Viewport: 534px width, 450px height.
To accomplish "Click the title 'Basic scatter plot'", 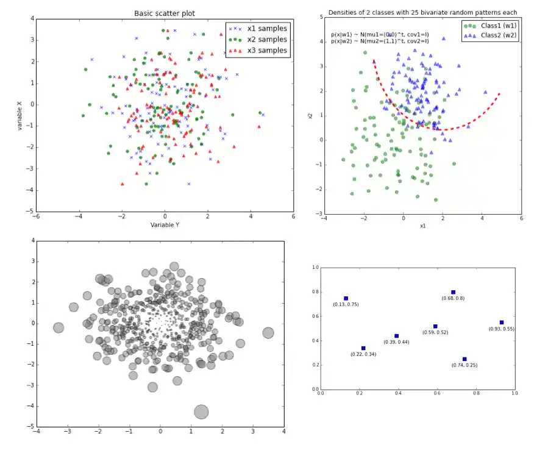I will point(165,13).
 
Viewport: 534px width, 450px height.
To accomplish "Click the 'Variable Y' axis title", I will point(165,225).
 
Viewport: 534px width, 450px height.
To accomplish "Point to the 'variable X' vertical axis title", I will point(20,114).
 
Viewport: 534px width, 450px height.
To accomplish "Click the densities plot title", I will point(422,12).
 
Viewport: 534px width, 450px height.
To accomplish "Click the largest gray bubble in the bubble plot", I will point(201,412).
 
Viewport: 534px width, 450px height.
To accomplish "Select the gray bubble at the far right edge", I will point(268,332).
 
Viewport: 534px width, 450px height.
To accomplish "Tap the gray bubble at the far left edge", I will point(59,327).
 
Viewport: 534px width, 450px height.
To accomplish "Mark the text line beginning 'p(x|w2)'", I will point(380,41).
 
